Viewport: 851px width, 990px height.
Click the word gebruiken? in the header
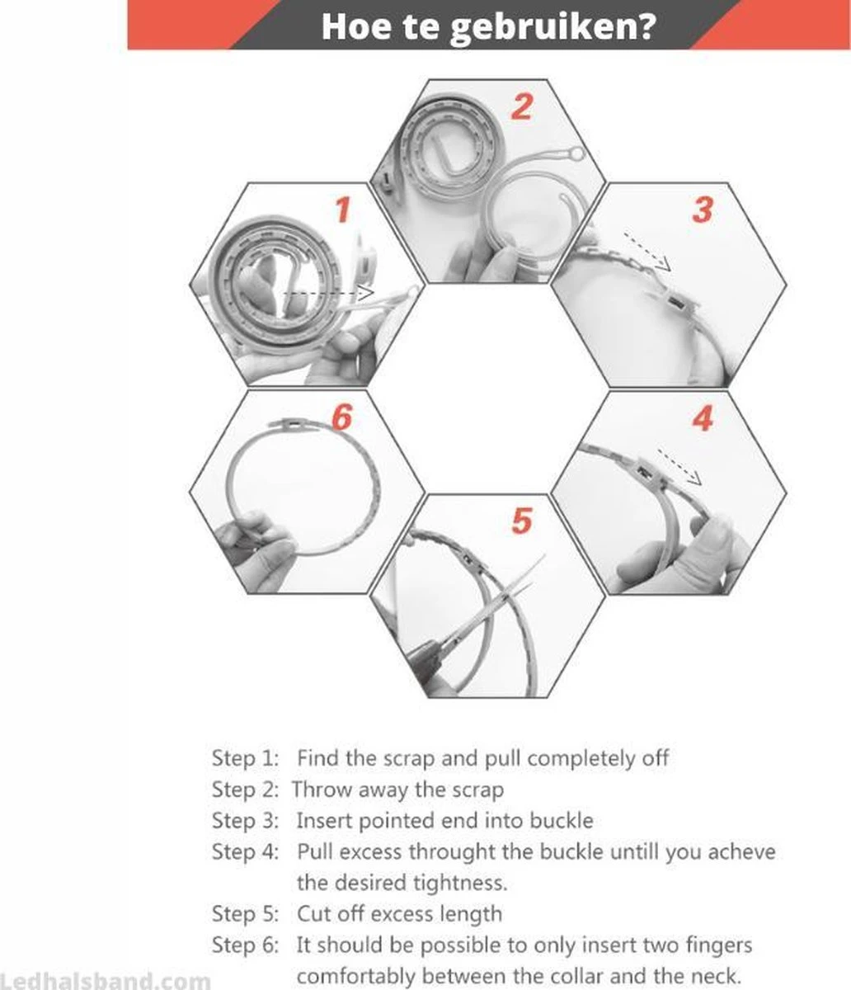coord(552,28)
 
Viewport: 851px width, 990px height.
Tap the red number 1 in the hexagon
coord(342,210)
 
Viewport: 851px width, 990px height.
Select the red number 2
coord(522,106)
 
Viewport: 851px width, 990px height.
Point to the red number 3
coord(703,210)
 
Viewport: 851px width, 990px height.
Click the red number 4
coord(703,417)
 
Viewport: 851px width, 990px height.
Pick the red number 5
coord(522,521)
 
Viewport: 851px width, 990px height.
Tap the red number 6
coord(342,417)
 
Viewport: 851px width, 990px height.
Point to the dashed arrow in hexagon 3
coord(647,252)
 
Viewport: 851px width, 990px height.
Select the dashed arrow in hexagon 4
coord(679,467)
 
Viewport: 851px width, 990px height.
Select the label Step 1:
coord(245,758)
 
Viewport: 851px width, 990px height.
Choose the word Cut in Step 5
coord(313,913)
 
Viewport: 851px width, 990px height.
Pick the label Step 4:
coord(245,851)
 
